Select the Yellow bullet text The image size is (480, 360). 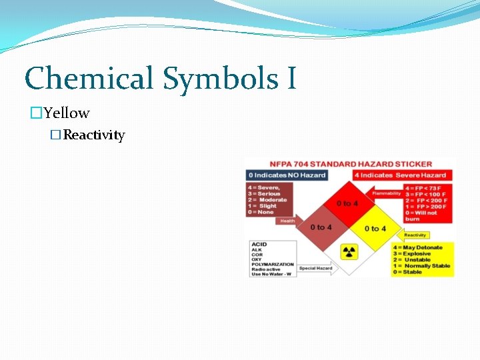[x=67, y=113]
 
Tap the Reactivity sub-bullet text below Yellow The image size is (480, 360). [x=94, y=135]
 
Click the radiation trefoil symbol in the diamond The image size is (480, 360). [x=349, y=252]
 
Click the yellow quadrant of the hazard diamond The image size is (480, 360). [x=375, y=229]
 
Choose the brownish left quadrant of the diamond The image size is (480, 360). [x=321, y=227]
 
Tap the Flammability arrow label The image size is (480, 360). [x=387, y=193]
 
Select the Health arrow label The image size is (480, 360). [x=287, y=221]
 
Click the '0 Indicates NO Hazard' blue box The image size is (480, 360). [x=287, y=175]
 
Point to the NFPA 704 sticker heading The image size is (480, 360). [x=350, y=164]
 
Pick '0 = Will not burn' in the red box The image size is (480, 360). [x=421, y=216]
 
